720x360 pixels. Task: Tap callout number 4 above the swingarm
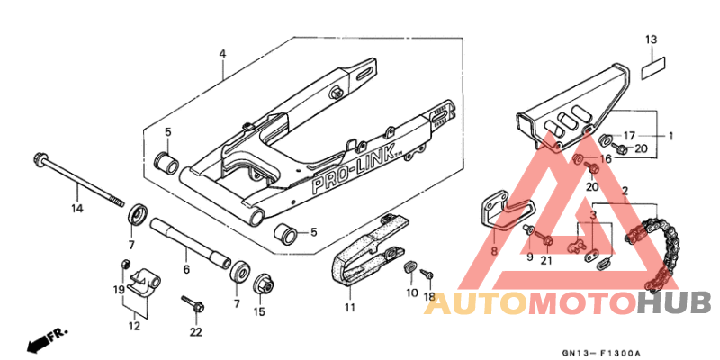click(221, 55)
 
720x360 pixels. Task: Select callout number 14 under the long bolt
click(77, 209)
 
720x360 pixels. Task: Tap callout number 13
click(651, 40)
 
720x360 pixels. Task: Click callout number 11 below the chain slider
click(349, 307)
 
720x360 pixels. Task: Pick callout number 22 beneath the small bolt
click(196, 332)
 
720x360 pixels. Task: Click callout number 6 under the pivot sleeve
click(186, 269)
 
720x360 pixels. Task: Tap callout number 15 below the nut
click(259, 312)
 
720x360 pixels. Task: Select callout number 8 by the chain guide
click(493, 253)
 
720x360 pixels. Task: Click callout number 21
click(545, 261)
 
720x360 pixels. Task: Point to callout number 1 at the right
click(670, 136)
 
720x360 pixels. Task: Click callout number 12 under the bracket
click(133, 326)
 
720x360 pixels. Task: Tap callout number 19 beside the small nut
click(118, 289)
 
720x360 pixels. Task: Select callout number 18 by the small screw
click(429, 296)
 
